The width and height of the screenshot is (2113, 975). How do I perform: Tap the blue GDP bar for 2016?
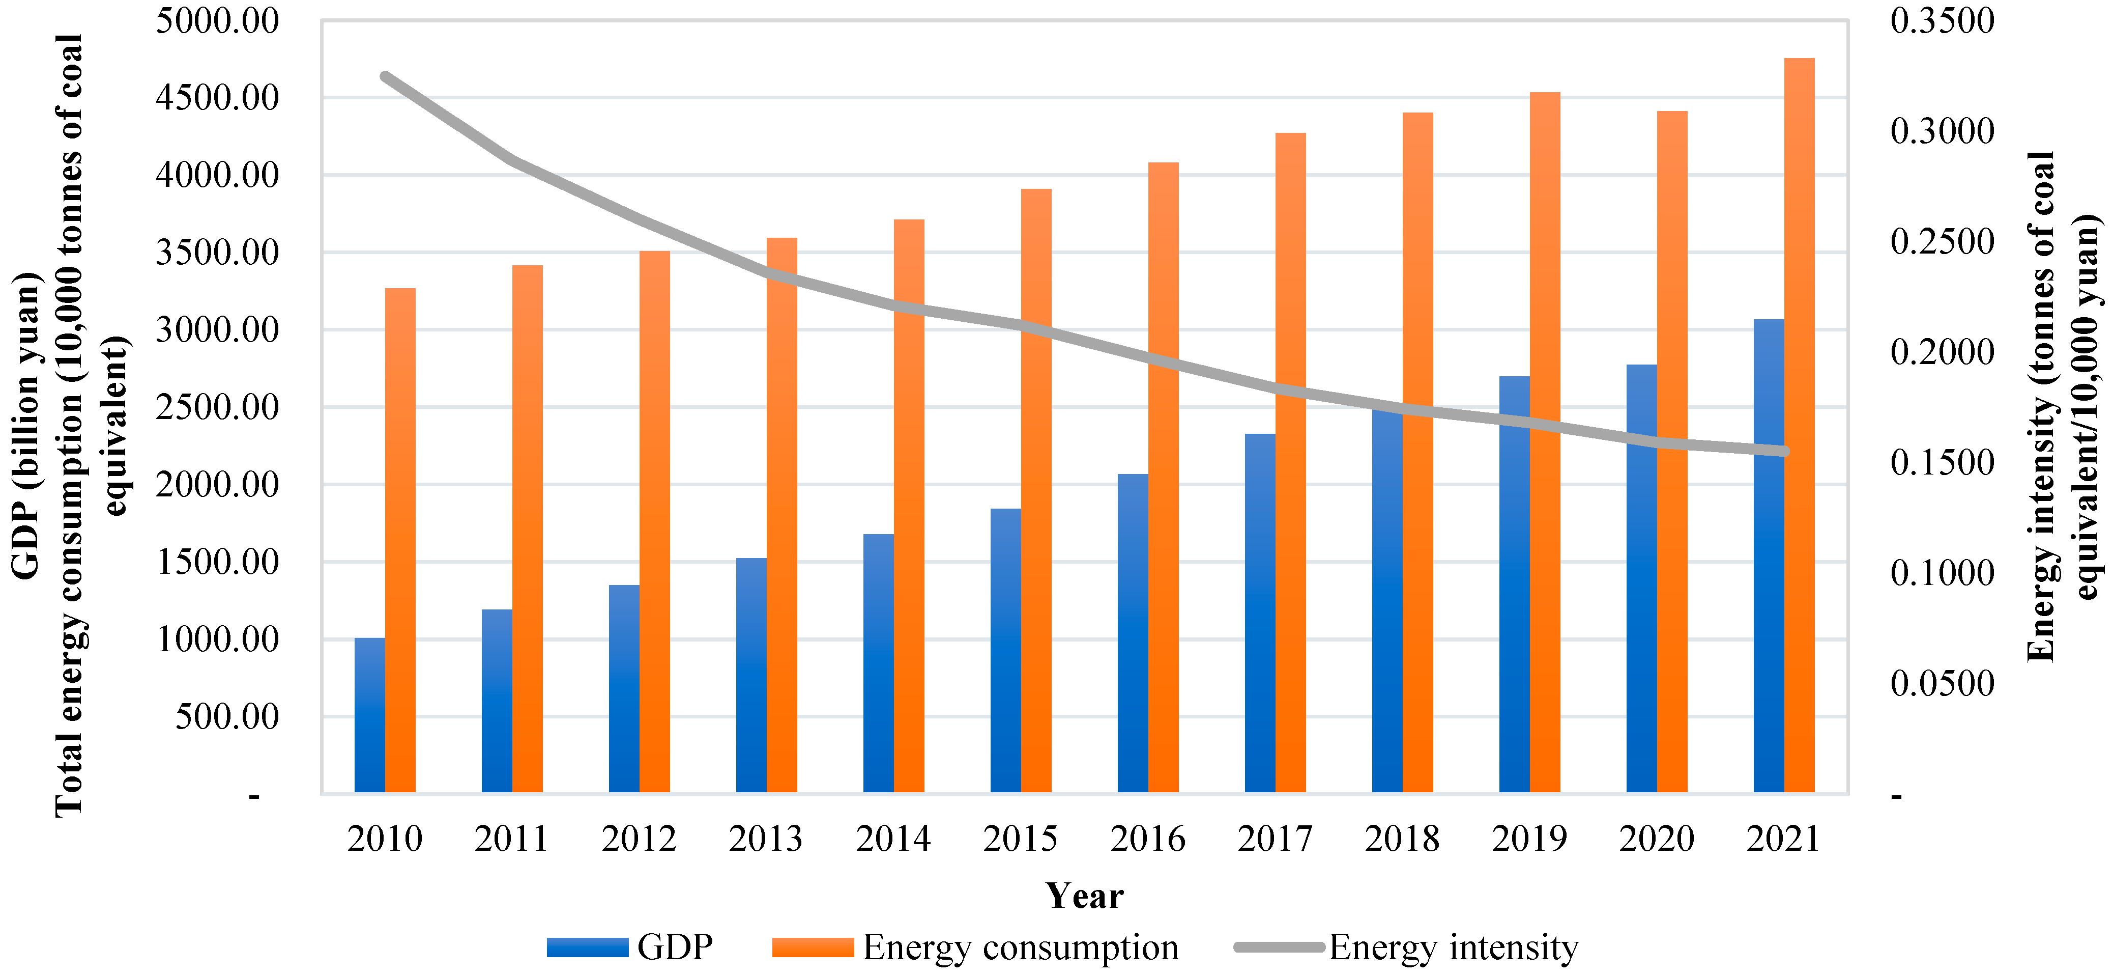coord(1132,633)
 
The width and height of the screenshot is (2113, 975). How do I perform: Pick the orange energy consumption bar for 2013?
coord(781,515)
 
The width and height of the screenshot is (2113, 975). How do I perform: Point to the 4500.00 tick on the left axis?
coord(217,98)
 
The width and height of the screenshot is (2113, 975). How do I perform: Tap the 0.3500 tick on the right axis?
coord(1942,20)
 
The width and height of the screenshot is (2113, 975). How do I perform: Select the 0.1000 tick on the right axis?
coord(1942,573)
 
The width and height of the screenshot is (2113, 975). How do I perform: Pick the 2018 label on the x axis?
coord(1402,839)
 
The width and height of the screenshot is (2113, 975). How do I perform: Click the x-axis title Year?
coord(1084,896)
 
